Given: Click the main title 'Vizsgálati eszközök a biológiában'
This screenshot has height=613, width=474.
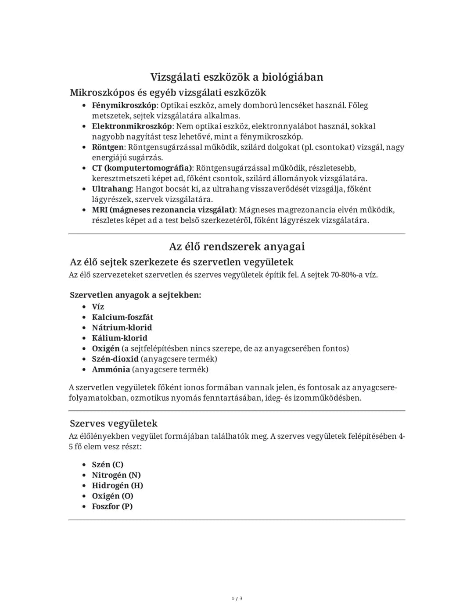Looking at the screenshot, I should point(237,77).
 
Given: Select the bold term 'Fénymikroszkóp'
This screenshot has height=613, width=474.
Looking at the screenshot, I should point(124,106).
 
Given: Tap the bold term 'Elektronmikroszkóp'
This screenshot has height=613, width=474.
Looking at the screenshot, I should point(132,126).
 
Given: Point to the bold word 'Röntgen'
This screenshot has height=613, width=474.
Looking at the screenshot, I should point(108,147).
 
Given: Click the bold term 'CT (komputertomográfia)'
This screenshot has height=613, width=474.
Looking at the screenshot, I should point(142,168).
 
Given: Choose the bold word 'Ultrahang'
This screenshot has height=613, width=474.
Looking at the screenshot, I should point(112,189).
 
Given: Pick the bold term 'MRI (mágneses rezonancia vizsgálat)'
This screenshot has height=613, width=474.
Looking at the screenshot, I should point(164,210).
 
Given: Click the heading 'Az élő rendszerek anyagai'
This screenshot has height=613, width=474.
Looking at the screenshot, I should point(237,247).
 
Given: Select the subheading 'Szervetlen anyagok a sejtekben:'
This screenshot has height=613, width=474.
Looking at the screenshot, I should point(135,295).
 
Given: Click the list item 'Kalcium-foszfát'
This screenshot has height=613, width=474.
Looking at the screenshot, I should point(122,317).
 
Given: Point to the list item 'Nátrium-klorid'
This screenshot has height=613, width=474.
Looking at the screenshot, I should point(122,328).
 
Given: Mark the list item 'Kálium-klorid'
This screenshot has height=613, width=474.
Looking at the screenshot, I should point(119,338).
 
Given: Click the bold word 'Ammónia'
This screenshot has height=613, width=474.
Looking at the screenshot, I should point(111,369).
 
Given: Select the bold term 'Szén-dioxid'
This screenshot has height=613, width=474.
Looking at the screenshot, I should point(115,359).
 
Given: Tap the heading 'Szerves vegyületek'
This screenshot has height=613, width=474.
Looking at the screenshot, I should point(113,423).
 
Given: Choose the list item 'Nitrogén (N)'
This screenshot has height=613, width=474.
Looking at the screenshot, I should point(116,475).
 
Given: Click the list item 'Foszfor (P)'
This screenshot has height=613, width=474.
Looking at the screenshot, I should point(112,506).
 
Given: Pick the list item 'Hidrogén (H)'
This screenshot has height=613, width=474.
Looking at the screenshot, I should point(118,486).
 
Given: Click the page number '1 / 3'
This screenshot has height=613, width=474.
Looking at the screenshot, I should point(237,599).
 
